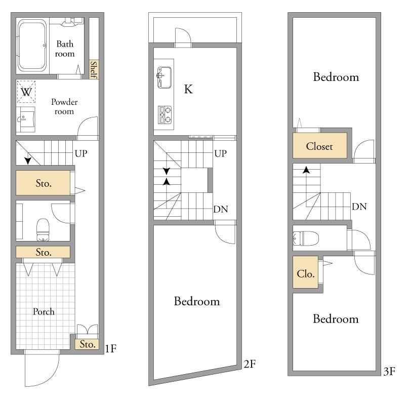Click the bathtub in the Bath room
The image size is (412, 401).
pyautogui.click(x=32, y=46)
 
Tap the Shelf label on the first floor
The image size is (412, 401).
pyautogui.click(x=94, y=70)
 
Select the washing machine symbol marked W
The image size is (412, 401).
pyautogui.click(x=26, y=92)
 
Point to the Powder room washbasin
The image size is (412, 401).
pyautogui.click(x=25, y=119)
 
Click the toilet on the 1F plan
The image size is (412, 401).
pyautogui.click(x=43, y=230)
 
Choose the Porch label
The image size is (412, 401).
pyautogui.click(x=44, y=312)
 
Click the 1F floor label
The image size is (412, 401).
pyautogui.click(x=111, y=349)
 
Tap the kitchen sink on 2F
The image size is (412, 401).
pyautogui.click(x=164, y=77)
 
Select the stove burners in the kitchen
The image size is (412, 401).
pyautogui.click(x=164, y=115)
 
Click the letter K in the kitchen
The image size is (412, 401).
pyautogui.click(x=188, y=89)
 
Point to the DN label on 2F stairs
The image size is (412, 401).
pyautogui.click(x=221, y=210)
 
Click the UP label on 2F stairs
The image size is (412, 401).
pyautogui.click(x=220, y=153)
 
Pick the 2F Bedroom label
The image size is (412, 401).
pyautogui.click(x=197, y=301)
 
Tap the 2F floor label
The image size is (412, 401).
pyautogui.click(x=250, y=364)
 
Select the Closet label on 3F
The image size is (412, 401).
pyautogui.click(x=319, y=146)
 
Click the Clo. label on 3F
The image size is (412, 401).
pyautogui.click(x=306, y=274)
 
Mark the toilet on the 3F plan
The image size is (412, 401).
pyautogui.click(x=306, y=238)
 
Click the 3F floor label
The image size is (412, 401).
pyautogui.click(x=389, y=372)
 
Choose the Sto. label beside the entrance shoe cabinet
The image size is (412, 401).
pyautogui.click(x=88, y=344)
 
